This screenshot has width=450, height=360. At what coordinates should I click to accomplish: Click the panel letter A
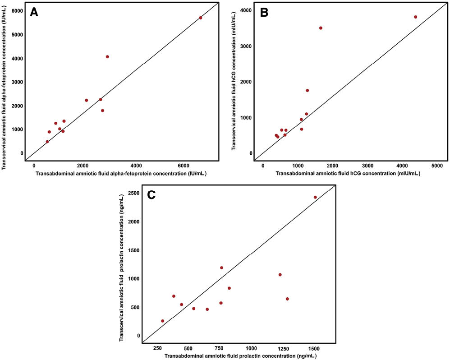tap(34, 13)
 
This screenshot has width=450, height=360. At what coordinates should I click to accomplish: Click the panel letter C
tap(152, 195)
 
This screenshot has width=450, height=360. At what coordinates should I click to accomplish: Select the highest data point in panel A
tap(200, 18)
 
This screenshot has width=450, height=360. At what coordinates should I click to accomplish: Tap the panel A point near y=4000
tap(107, 56)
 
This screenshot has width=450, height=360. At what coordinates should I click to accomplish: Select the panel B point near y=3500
tap(321, 28)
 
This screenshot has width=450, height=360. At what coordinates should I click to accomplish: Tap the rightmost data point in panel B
tap(415, 17)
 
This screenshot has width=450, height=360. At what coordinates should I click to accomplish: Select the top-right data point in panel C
tap(315, 197)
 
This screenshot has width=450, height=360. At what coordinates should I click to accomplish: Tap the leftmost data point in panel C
tap(162, 321)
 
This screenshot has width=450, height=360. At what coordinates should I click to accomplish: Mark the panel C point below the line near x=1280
tap(287, 299)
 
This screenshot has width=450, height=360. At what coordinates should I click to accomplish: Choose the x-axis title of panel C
tap(240, 356)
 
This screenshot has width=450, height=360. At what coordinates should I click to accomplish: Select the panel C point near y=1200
tap(221, 268)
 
